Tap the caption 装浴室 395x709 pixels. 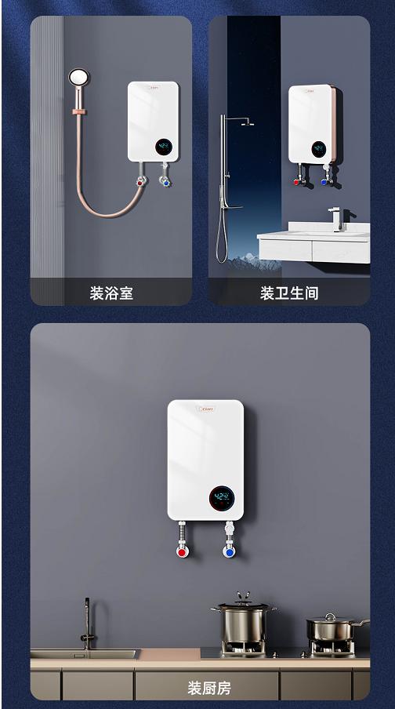pos(111,293)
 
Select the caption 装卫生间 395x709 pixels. pos(289,293)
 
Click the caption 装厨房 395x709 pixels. pos(209,689)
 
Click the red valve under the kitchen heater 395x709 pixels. pos(182,551)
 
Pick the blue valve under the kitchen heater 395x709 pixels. pos(229,551)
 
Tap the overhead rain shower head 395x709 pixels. pos(245,122)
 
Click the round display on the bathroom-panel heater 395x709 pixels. pos(165,146)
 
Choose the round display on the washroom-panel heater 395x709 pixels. pos(318,147)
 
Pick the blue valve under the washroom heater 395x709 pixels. pos(324,182)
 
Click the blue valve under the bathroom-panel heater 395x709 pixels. pos(164,182)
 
